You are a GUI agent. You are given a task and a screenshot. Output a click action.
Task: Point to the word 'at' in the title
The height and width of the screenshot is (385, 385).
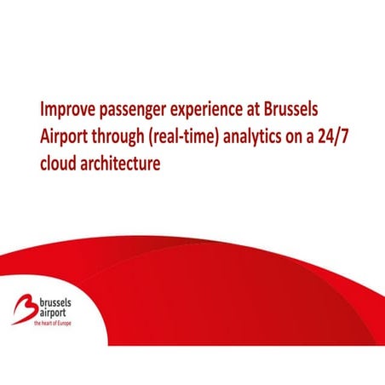[x=273, y=111]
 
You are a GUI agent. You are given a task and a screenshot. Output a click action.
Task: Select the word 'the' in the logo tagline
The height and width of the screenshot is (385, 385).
[x=38, y=325]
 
